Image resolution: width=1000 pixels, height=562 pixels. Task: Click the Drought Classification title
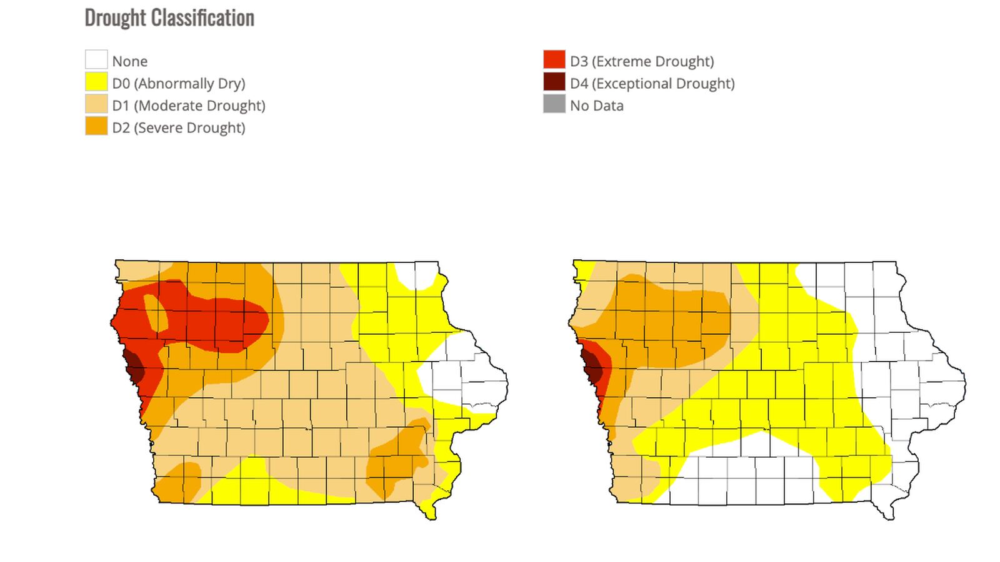[169, 18]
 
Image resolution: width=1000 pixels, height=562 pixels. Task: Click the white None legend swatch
[96, 60]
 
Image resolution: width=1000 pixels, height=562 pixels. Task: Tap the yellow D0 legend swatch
[96, 82]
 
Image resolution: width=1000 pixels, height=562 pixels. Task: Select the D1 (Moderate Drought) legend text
[189, 106]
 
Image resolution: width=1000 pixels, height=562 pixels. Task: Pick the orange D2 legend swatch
[96, 127]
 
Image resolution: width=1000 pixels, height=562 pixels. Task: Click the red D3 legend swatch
[554, 60]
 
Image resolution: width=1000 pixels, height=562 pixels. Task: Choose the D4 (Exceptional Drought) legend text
[652, 83]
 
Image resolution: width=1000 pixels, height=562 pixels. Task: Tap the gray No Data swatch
[554, 105]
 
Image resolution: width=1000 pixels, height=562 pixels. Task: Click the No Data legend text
[596, 106]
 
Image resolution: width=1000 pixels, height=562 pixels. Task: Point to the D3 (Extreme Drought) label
[641, 61]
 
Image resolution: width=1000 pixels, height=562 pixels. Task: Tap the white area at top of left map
[417, 275]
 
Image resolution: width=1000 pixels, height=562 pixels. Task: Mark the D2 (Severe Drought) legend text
[178, 127]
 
